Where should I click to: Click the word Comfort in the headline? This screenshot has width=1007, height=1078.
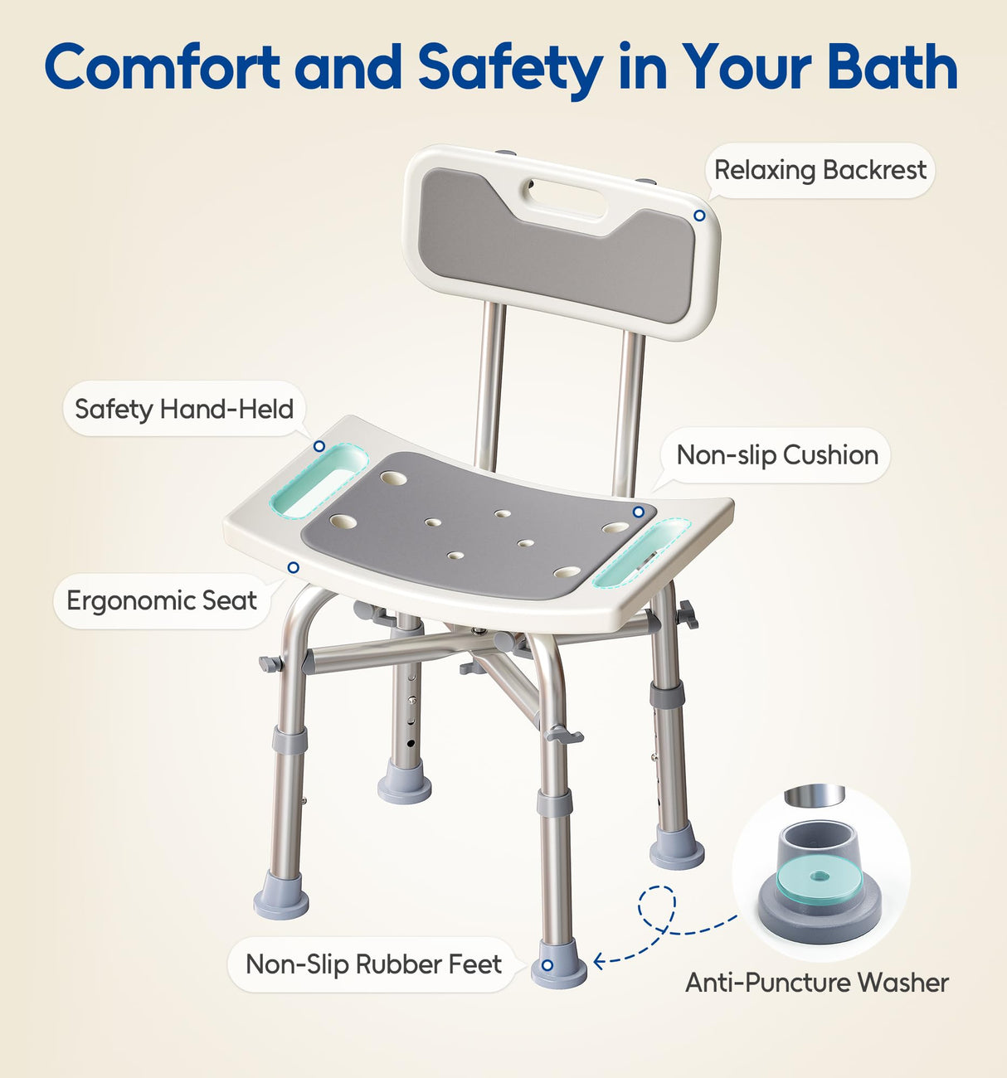pyautogui.click(x=163, y=66)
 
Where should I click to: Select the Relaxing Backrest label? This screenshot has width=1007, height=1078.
pyautogui.click(x=820, y=171)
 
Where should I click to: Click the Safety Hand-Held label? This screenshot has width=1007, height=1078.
pyautogui.click(x=184, y=409)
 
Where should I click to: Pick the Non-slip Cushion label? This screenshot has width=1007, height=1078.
pyautogui.click(x=777, y=455)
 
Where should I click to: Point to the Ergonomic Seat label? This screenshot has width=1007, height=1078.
pyautogui.click(x=162, y=600)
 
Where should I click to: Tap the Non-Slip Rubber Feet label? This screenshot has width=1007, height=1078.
pyautogui.click(x=373, y=964)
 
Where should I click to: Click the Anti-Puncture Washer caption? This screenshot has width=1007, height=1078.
pyautogui.click(x=816, y=983)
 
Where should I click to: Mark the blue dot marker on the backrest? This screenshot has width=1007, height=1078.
pyautogui.click(x=699, y=216)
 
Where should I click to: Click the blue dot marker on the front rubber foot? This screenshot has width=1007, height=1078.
pyautogui.click(x=547, y=965)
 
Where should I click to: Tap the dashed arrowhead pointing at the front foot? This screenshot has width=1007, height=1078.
pyautogui.click(x=599, y=961)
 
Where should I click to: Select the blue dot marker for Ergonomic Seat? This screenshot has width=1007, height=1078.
pyautogui.click(x=293, y=567)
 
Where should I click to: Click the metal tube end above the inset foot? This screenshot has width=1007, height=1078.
pyautogui.click(x=815, y=794)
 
